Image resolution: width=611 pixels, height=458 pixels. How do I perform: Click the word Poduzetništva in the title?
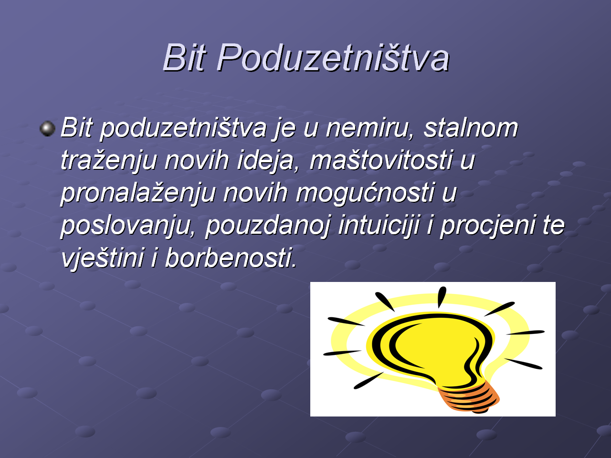pyautogui.click(x=333, y=58)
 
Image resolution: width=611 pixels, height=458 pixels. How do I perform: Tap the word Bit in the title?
pyautogui.click(x=185, y=58)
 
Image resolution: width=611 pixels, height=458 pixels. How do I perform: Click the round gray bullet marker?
pyautogui.click(x=48, y=128)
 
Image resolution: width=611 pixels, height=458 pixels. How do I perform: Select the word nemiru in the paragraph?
pyautogui.click(x=370, y=128)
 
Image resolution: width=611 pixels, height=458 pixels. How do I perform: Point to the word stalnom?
pyautogui.click(x=471, y=128)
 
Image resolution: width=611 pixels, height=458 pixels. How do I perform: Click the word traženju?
pyautogui.click(x=109, y=160)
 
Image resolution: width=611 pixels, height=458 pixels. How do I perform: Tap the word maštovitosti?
pyautogui.click(x=381, y=160)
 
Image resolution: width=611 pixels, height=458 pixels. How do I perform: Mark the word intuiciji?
pyautogui.click(x=379, y=225)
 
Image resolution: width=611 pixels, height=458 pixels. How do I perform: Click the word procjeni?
pyautogui.click(x=487, y=225)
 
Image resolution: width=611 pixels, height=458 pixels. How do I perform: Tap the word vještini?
pyautogui.click(x=103, y=258)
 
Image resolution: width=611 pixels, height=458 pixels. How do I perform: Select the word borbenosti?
pyautogui.click(x=231, y=257)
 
